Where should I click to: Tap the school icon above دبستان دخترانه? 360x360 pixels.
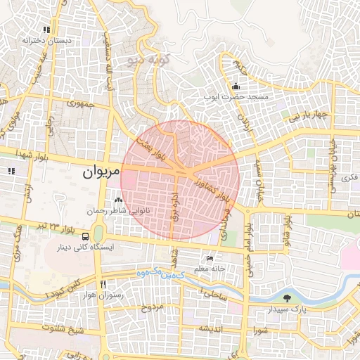click(46, 30)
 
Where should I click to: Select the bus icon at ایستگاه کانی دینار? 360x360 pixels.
click(86, 237)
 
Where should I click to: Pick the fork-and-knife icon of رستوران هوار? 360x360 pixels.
click(103, 285)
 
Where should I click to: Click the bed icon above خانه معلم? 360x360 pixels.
click(210, 259)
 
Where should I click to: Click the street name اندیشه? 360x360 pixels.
click(211, 328)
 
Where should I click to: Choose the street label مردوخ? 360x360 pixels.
click(153, 307)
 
